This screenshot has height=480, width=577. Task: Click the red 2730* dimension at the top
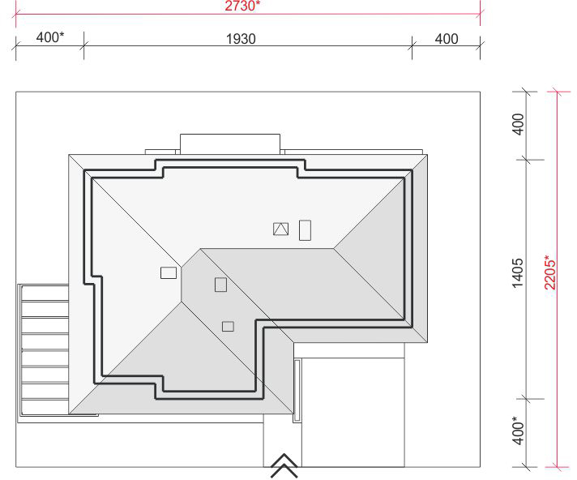pyautogui.click(x=242, y=6)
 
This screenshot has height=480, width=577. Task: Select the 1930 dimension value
pyautogui.click(x=241, y=39)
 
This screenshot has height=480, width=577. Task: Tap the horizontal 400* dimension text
pyautogui.click(x=50, y=37)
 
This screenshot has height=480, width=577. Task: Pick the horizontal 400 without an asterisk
pyautogui.click(x=447, y=39)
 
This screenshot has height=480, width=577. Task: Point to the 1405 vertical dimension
pyautogui.click(x=517, y=272)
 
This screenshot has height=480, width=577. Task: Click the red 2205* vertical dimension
pyautogui.click(x=551, y=272)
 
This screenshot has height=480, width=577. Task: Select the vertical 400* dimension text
pyautogui.click(x=517, y=431)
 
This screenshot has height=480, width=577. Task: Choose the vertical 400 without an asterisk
pyautogui.click(x=518, y=124)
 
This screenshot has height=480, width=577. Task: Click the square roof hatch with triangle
pyautogui.click(x=280, y=229)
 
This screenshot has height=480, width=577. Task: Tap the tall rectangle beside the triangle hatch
pyautogui.click(x=305, y=230)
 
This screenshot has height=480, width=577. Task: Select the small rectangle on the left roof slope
pyautogui.click(x=169, y=272)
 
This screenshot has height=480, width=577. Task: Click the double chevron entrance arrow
pyautogui.click(x=284, y=465)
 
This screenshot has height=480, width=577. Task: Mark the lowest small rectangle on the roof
pyautogui.click(x=229, y=327)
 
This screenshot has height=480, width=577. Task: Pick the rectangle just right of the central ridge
pyautogui.click(x=220, y=285)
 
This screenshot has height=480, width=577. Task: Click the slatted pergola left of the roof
pyautogui.click(x=44, y=354)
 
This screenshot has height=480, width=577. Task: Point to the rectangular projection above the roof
pyautogui.click(x=230, y=144)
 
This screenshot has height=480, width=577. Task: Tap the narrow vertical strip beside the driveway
pyautogui.click(x=297, y=391)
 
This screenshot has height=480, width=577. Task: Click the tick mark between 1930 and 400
pyautogui.click(x=412, y=46)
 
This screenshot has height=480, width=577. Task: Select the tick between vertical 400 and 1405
pyautogui.click(x=527, y=160)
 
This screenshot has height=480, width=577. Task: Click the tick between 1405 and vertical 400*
pyautogui.click(x=527, y=399)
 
